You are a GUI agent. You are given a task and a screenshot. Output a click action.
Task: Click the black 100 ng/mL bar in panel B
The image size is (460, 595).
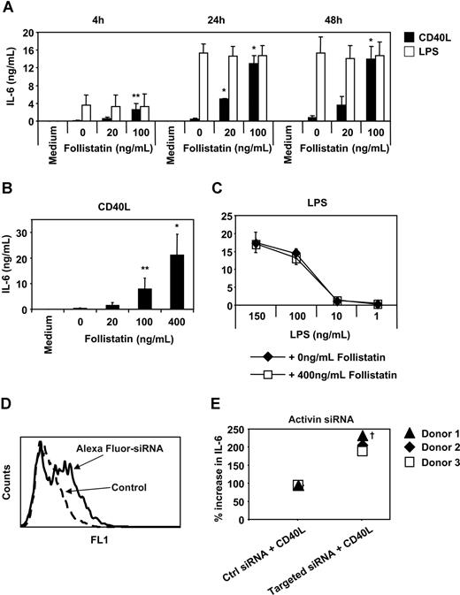[149, 299]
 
